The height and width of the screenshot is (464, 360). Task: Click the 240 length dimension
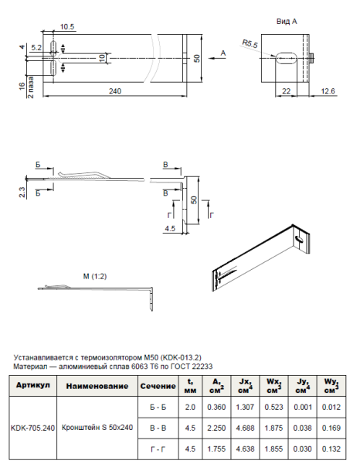(114, 91)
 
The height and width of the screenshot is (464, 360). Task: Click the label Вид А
(287, 22)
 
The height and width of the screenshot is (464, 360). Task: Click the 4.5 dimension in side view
(170, 229)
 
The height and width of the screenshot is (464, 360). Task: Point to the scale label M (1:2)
(96, 275)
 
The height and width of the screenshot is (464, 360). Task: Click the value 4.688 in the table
(245, 426)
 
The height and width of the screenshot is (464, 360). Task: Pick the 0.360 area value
(218, 405)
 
